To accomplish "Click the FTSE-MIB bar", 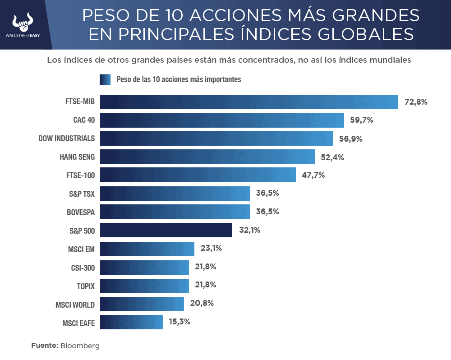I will [x=249, y=102].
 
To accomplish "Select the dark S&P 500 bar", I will [x=166, y=230].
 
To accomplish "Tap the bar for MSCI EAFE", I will [x=131, y=322].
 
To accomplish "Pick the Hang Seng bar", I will [x=207, y=157].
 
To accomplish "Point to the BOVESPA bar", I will [x=175, y=212].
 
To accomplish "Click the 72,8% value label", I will [x=416, y=102].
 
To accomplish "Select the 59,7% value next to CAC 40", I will [x=362, y=120].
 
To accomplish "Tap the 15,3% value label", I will [x=179, y=322].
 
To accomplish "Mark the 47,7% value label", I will [x=313, y=175].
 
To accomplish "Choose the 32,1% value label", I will [x=249, y=230].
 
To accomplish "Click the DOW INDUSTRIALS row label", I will [x=66, y=138].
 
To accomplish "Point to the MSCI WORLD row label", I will [x=72, y=305].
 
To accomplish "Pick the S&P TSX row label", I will [x=82, y=194].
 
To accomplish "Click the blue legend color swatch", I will [x=105, y=80].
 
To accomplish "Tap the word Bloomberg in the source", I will [x=80, y=346].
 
